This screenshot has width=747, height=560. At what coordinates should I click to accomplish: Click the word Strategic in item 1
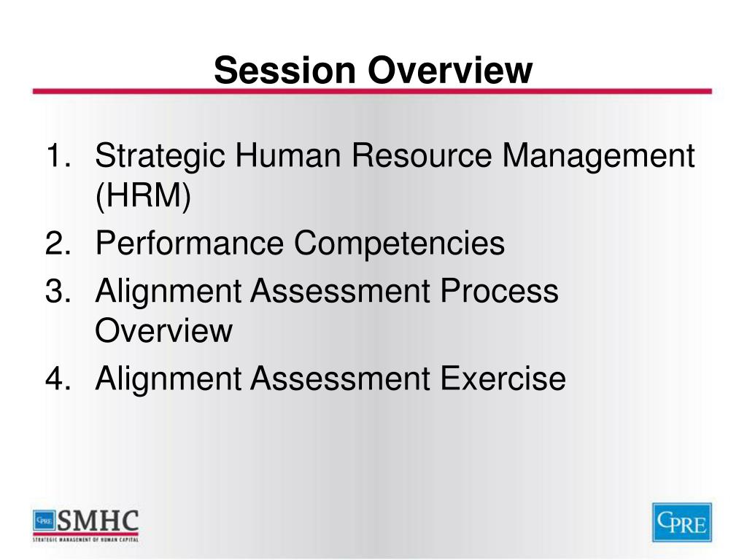(x=160, y=157)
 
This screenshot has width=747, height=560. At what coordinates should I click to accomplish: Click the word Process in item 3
(x=500, y=292)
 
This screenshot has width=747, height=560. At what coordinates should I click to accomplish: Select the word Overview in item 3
(x=163, y=331)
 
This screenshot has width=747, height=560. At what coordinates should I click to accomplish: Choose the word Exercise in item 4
(x=503, y=379)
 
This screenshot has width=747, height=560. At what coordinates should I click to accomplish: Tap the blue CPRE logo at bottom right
(x=681, y=522)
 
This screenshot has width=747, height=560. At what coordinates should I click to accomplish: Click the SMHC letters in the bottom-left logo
(x=98, y=521)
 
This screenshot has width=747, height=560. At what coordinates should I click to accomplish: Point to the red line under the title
(x=372, y=92)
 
